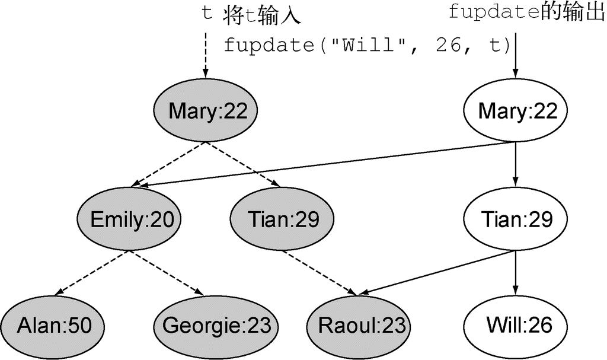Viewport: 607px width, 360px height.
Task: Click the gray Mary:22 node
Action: pyautogui.click(x=205, y=110)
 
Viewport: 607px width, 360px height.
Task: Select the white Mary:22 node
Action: pyautogui.click(x=515, y=110)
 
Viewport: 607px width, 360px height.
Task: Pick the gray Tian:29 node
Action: pyautogui.click(x=283, y=219)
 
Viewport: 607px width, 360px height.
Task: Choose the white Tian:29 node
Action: pyautogui.click(x=517, y=219)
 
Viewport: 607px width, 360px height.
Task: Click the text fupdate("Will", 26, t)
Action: pyautogui.click(x=366, y=45)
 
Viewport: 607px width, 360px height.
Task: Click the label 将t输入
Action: pyautogui.click(x=263, y=15)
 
